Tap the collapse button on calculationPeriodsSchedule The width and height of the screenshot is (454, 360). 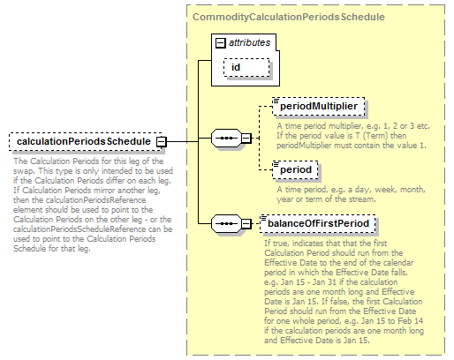[162, 142]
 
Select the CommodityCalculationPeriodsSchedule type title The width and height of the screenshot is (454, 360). [289, 17]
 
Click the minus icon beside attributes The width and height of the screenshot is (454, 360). [221, 43]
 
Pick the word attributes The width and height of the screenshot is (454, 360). [250, 42]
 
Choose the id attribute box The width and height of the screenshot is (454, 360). [246, 68]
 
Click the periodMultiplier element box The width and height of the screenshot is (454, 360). [319, 106]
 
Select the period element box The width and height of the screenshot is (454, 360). [295, 169]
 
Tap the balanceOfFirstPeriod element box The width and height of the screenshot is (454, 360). [318, 223]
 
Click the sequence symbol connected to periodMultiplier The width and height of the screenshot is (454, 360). [226, 138]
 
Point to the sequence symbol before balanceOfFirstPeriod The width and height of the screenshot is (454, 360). [226, 224]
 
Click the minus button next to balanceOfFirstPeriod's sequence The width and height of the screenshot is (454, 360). [246, 224]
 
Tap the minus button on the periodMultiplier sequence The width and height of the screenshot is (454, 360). [246, 138]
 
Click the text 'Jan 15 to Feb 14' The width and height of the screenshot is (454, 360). [392, 320]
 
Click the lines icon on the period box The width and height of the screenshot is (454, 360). [276, 164]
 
